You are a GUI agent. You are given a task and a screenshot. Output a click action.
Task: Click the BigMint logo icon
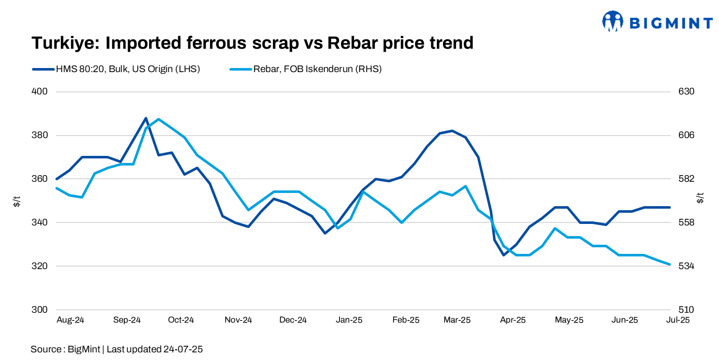coord(612,21)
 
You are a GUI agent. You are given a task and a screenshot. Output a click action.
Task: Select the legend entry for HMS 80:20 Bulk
coord(116,69)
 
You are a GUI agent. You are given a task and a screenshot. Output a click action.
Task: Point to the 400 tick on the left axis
coord(40,92)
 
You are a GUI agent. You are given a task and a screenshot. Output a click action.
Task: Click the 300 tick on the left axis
coord(40,310)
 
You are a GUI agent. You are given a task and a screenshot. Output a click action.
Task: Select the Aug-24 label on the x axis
coord(70,320)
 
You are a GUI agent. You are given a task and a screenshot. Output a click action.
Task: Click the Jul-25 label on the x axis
coord(677,320)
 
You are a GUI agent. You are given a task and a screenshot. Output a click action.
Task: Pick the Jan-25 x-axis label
coord(349,320)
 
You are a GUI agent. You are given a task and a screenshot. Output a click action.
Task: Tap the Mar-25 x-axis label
coord(457,320)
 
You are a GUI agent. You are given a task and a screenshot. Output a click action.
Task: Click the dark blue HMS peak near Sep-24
coord(146,118)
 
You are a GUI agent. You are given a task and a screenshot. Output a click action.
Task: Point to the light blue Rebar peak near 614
coord(159,119)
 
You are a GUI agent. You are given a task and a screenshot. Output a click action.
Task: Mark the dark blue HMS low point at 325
coord(503,255)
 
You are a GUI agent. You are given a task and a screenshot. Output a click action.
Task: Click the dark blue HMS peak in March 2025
coord(452,130)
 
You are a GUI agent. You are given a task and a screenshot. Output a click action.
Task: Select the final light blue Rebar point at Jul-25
coord(670,264)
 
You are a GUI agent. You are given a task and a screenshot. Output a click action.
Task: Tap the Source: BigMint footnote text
coord(117,349)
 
